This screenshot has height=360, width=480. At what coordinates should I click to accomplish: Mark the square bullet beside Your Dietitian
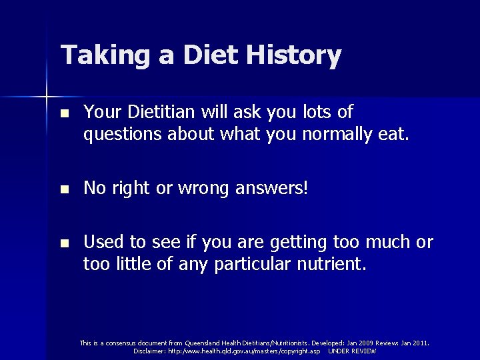(x=63, y=113)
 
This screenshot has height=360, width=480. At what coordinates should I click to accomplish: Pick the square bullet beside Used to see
(x=63, y=243)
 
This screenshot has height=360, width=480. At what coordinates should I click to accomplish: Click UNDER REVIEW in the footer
(x=352, y=351)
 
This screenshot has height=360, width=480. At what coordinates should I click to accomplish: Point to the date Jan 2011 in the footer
(x=413, y=343)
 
